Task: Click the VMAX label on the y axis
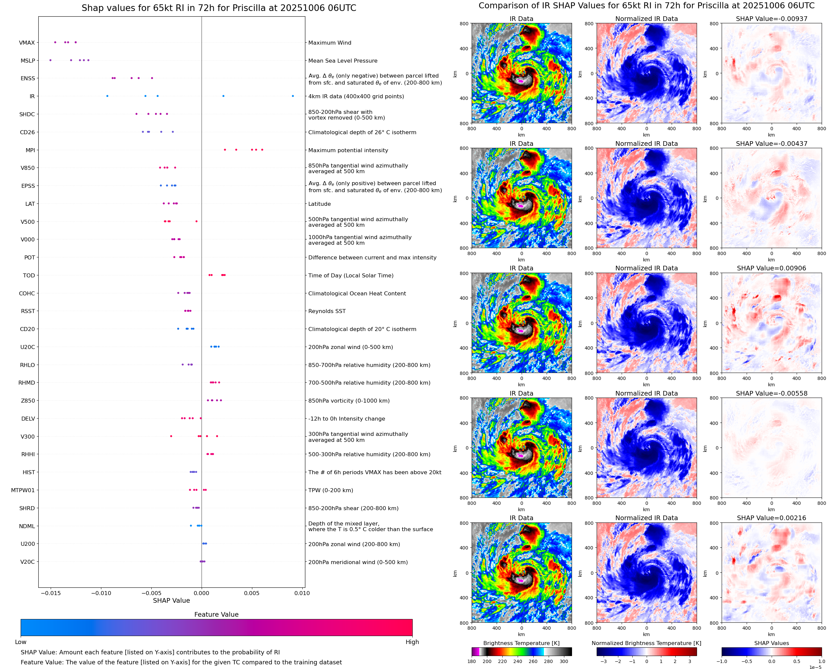coord(27,43)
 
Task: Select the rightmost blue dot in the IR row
coord(293,96)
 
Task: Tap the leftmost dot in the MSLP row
coord(51,60)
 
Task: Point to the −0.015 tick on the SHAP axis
coord(51,593)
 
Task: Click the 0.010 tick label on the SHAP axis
coord(302,593)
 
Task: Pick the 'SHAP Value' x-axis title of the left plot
coord(171,600)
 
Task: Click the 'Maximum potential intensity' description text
coord(348,150)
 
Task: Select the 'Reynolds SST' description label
coord(327,311)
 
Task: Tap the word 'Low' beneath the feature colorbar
coord(20,642)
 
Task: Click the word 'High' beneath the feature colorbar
coord(412,642)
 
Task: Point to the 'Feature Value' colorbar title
coord(216,614)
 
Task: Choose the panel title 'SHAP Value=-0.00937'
coord(771,19)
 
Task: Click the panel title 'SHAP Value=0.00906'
coord(771,268)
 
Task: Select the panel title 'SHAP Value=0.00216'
coord(771,518)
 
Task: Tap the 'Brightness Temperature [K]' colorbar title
coord(521,643)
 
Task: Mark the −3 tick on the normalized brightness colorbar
coord(604,661)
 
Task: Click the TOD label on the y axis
coord(29,275)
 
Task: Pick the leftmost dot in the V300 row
coord(171,436)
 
